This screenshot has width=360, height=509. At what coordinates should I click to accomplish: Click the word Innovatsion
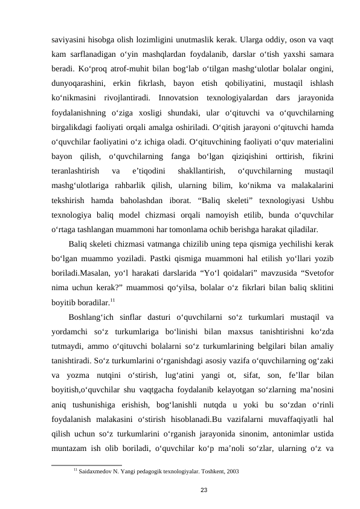(x=178, y=98)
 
